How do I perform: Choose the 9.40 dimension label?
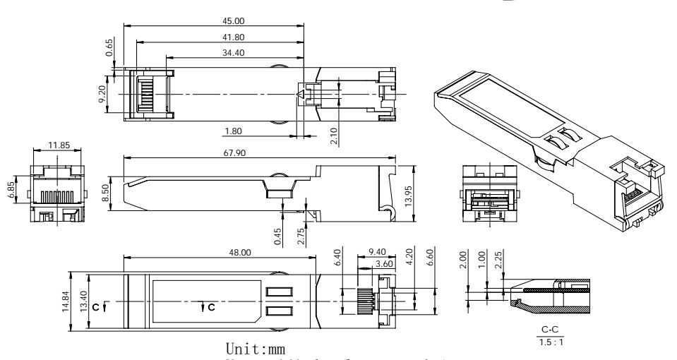(378, 252)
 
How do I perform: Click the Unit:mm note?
(255, 349)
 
